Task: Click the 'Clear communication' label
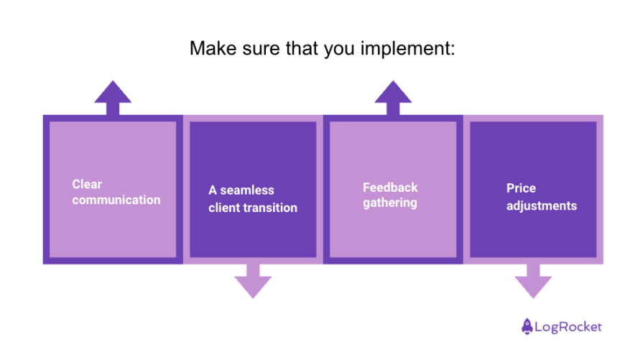tap(116, 192)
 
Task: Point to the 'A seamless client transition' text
tap(252, 199)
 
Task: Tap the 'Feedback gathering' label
tap(390, 195)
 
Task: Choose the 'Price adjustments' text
tap(541, 197)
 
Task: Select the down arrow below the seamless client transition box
tap(253, 280)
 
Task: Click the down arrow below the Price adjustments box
tap(533, 280)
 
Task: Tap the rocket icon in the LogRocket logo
tap(527, 326)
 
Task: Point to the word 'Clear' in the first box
tap(87, 184)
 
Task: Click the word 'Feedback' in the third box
tap(390, 188)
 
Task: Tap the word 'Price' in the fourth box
tap(521, 188)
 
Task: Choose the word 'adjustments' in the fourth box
tap(541, 206)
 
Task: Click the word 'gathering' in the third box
tap(390, 203)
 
